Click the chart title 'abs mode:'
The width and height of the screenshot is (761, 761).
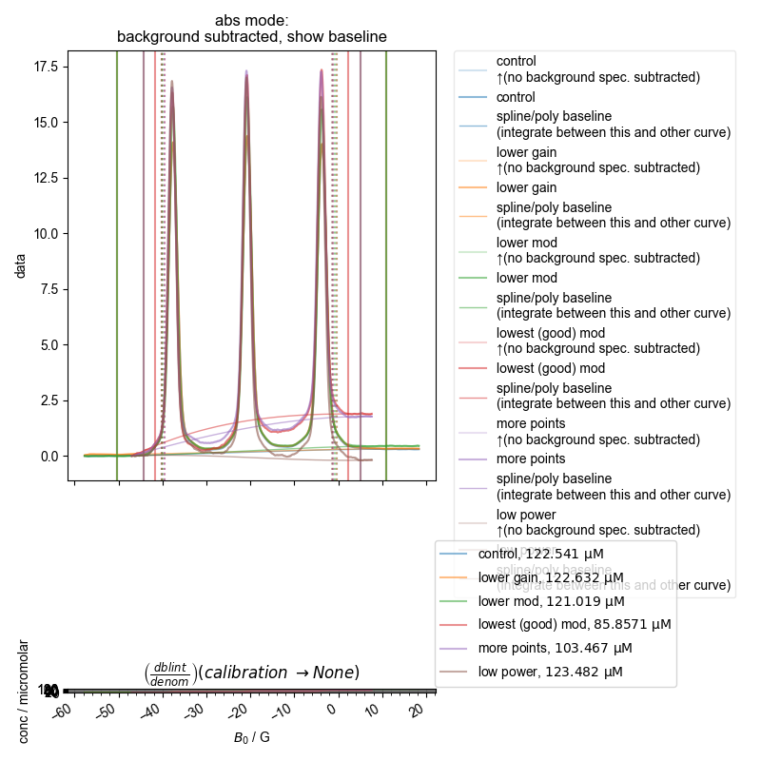pyautogui.click(x=251, y=20)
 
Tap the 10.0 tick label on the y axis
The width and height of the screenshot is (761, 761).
pyautogui.click(x=49, y=233)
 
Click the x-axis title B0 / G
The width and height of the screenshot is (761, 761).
pyautogui.click(x=251, y=737)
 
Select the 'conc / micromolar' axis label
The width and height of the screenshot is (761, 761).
pyautogui.click(x=26, y=692)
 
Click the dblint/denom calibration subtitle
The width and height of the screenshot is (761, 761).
pyautogui.click(x=251, y=673)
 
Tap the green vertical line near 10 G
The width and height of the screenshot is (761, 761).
pyautogui.click(x=386, y=266)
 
